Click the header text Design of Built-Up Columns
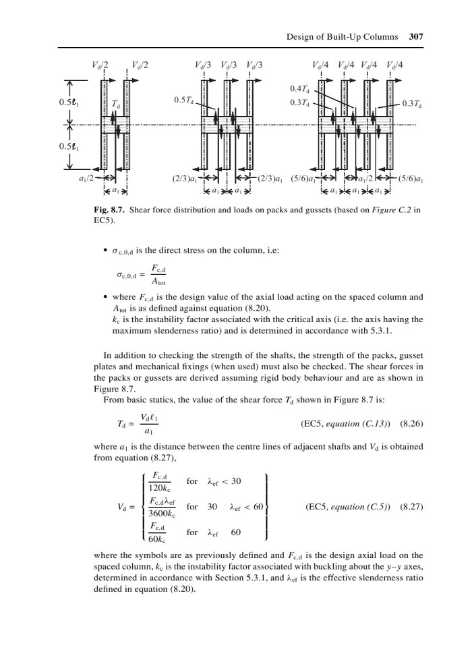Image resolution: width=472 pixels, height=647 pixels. pyautogui.click(x=344, y=38)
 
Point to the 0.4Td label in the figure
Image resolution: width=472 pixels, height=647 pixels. pyautogui.click(x=299, y=90)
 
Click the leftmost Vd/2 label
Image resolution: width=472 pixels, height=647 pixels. pyautogui.click(x=101, y=65)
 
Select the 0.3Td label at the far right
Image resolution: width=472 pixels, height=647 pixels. pyautogui.click(x=411, y=103)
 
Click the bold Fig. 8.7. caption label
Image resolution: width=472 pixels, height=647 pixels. pyautogui.click(x=110, y=210)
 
